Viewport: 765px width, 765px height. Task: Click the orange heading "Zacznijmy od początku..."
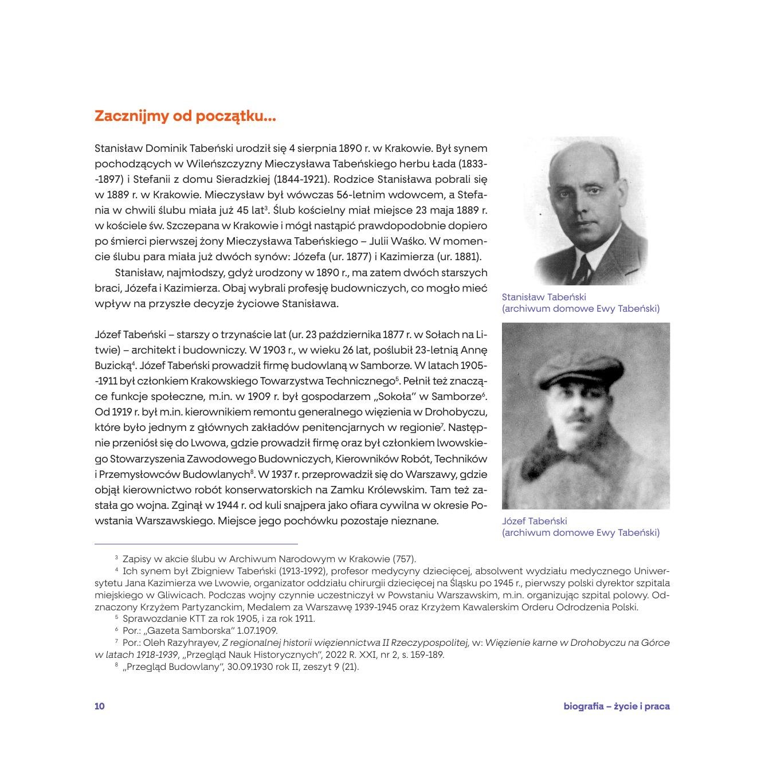point(185,116)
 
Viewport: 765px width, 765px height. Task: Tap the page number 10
point(100,706)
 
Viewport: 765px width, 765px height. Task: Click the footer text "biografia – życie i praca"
point(616,706)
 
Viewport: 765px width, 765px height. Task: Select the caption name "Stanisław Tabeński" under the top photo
point(544,297)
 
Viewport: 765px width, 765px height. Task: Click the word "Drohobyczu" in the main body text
point(458,411)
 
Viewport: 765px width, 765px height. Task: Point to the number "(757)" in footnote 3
point(404,559)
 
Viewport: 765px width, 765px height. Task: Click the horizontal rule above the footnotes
point(196,543)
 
